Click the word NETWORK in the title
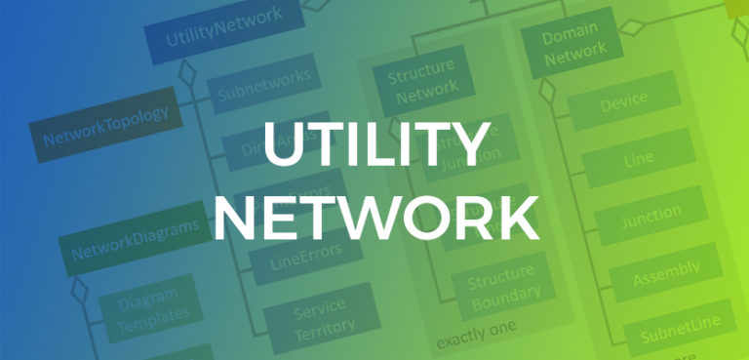point(374,216)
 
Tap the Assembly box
point(666,272)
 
